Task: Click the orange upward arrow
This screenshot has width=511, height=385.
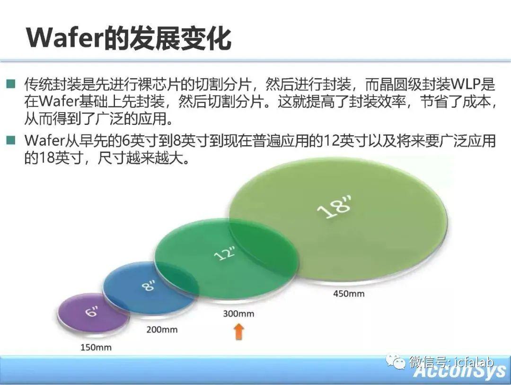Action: click(239, 332)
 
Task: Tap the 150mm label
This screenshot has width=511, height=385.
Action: click(96, 348)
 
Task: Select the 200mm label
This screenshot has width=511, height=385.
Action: click(162, 330)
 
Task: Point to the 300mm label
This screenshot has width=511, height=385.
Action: click(238, 314)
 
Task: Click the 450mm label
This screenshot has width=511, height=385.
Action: click(349, 293)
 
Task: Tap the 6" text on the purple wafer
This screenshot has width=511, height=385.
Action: click(92, 311)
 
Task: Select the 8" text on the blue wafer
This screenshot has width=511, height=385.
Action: click(149, 285)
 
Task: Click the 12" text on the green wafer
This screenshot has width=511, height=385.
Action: click(225, 253)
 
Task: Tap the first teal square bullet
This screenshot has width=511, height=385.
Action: click(11, 84)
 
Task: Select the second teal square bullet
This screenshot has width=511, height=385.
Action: click(11, 140)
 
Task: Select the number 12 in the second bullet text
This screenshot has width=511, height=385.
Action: click(331, 141)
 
